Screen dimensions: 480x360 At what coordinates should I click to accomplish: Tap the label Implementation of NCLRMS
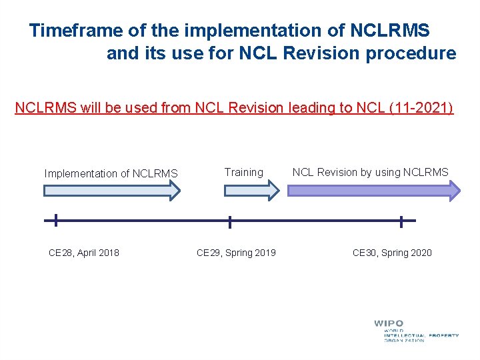(x=111, y=174)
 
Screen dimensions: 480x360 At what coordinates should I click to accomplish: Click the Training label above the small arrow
(x=243, y=172)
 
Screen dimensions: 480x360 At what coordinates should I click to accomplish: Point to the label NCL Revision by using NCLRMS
(x=370, y=172)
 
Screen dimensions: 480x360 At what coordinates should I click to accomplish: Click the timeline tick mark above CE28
(x=55, y=220)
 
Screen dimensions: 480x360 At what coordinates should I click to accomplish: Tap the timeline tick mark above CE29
(x=230, y=221)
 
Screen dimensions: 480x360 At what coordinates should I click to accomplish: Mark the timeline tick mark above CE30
(x=401, y=221)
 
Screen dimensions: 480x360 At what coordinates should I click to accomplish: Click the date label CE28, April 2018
(x=84, y=253)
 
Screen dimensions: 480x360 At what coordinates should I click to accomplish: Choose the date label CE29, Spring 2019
(x=236, y=253)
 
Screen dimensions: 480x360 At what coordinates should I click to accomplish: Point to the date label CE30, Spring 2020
(x=392, y=253)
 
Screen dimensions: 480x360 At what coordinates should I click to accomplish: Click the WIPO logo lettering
(x=388, y=324)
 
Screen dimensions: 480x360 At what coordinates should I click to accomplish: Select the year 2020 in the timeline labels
(x=421, y=253)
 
